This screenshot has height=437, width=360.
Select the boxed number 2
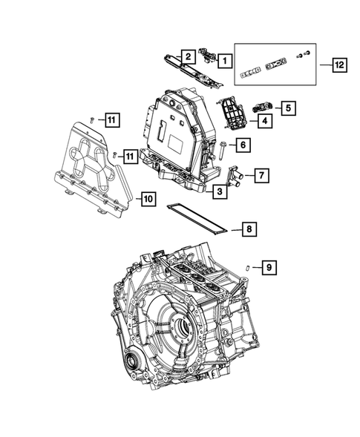coord(189,56)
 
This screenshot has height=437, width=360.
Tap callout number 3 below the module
coord(221,192)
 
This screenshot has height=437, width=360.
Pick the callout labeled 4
coord(263,119)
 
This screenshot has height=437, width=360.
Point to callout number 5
coord(287,108)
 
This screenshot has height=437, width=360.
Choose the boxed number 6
coord(242,145)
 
